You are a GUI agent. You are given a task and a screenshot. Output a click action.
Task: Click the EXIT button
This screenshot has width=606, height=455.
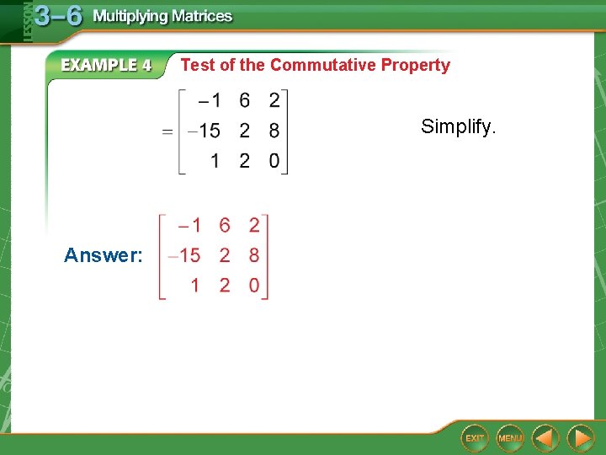(x=475, y=437)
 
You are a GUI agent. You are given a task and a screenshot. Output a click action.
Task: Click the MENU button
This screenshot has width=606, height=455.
(x=509, y=437)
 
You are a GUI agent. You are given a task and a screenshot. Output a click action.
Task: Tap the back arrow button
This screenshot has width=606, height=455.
(x=545, y=437)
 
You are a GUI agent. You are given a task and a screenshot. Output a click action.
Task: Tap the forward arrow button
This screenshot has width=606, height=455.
(x=580, y=437)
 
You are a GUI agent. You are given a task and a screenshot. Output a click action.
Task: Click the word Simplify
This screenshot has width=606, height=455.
(x=459, y=127)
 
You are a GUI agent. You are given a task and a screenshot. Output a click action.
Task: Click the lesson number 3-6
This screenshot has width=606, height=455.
(x=58, y=16)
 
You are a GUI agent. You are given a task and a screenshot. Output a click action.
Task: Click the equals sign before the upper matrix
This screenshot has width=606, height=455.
(x=168, y=131)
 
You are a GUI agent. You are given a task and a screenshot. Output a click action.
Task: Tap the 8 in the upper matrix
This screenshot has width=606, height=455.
(x=274, y=131)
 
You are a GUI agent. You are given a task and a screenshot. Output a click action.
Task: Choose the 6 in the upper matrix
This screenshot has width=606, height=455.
(x=244, y=101)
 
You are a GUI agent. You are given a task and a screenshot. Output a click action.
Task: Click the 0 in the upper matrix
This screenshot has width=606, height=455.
(x=274, y=161)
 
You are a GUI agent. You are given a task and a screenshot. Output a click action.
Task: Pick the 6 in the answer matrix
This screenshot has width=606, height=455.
(x=224, y=225)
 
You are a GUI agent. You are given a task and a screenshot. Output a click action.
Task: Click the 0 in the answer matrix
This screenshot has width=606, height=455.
(x=254, y=286)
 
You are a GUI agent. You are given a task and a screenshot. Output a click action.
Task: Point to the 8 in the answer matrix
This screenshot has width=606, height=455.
(x=254, y=255)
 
